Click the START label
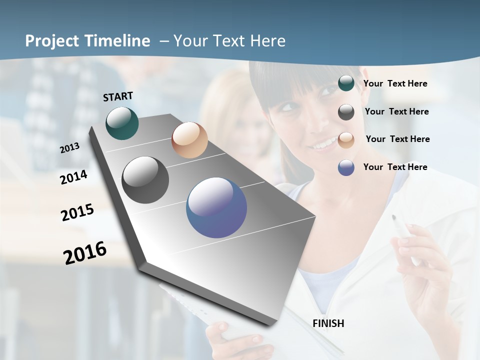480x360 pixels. (118, 96)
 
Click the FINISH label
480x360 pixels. (328, 323)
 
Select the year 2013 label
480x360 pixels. (70, 147)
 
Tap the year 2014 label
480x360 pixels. (74, 177)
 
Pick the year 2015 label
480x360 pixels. (77, 212)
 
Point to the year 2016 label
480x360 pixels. (85, 252)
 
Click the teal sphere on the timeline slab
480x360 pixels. (122, 123)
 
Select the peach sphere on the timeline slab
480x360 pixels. (189, 140)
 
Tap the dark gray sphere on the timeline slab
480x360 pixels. (145, 180)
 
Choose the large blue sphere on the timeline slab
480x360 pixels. (216, 207)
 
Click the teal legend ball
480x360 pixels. (346, 83)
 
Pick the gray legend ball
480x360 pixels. (346, 112)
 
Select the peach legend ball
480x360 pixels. (346, 139)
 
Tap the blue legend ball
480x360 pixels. (346, 167)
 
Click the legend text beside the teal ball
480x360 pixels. (395, 83)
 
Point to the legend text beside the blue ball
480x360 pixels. (395, 167)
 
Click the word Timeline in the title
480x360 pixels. (118, 41)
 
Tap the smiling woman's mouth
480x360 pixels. (322, 144)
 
